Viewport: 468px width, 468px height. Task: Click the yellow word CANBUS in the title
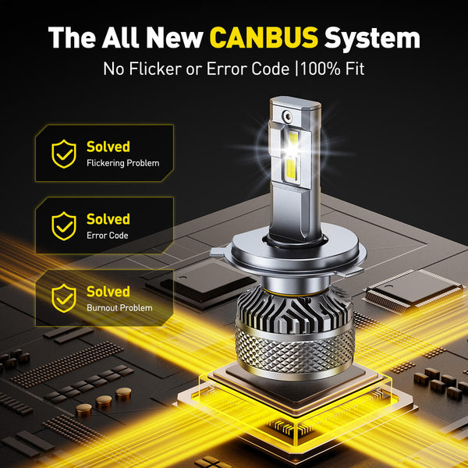point(264,37)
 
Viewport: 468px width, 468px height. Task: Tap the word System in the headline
point(372,37)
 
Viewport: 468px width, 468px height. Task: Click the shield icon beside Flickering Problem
point(63,154)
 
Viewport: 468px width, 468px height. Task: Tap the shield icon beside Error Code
point(63,226)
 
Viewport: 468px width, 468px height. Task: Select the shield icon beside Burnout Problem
point(63,298)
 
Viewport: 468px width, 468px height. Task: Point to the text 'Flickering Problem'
point(122,164)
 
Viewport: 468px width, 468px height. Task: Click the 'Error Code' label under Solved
point(107,236)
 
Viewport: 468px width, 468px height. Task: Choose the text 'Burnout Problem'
point(119,308)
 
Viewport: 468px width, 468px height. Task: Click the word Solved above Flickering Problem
point(108,147)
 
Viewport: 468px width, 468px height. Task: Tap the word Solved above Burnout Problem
point(108,291)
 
